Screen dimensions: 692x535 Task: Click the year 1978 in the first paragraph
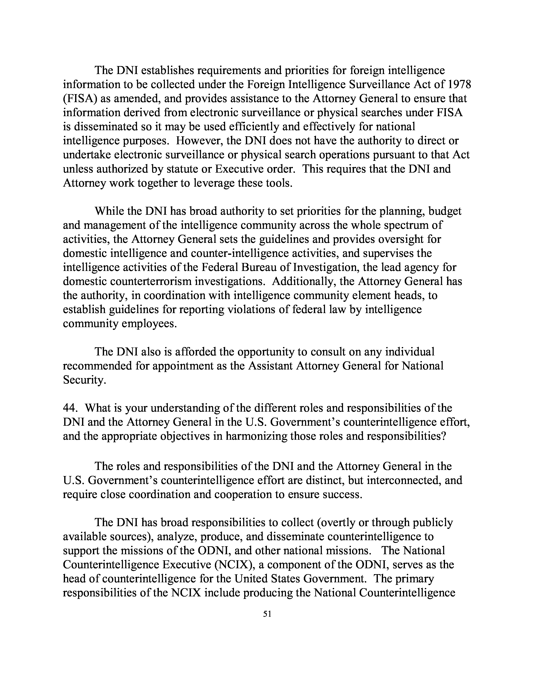[457, 85]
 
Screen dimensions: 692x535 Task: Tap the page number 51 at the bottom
[267, 614]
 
